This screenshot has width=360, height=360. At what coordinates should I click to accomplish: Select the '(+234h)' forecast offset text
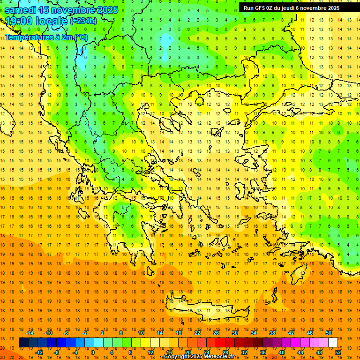click(x=83, y=21)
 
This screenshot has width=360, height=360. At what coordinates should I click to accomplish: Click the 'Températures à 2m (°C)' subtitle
click(x=46, y=37)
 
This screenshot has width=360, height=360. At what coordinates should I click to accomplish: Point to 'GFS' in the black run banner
click(x=260, y=8)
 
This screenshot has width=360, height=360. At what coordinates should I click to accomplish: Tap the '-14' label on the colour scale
click(x=30, y=333)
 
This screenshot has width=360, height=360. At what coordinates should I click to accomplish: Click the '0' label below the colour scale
click(x=93, y=352)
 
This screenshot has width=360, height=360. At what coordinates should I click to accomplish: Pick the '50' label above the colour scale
click(x=328, y=333)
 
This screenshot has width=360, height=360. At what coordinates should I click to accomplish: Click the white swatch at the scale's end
click(x=333, y=343)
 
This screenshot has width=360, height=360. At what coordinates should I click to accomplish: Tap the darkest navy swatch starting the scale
click(x=23, y=343)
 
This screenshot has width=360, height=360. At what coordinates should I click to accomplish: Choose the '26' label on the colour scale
click(x=216, y=333)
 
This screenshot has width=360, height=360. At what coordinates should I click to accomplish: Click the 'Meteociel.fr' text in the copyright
click(x=222, y=357)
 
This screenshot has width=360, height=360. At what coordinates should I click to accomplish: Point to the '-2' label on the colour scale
click(x=84, y=333)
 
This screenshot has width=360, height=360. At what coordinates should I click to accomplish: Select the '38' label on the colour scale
click(x=272, y=333)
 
